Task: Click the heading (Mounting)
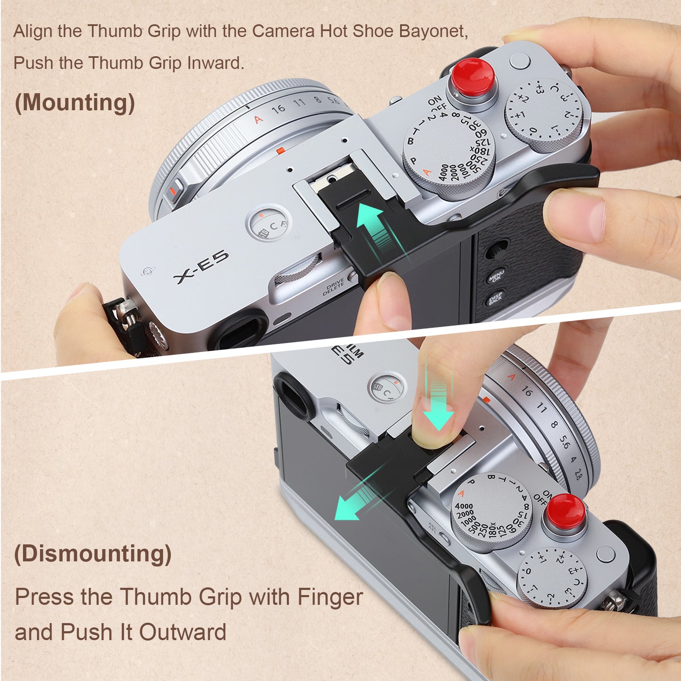coord(74,102)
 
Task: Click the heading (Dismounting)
coord(93,553)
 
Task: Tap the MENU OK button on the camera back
coord(497,276)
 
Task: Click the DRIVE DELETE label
coord(334,287)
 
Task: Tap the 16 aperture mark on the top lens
coord(279,109)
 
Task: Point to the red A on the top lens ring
coord(259,119)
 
